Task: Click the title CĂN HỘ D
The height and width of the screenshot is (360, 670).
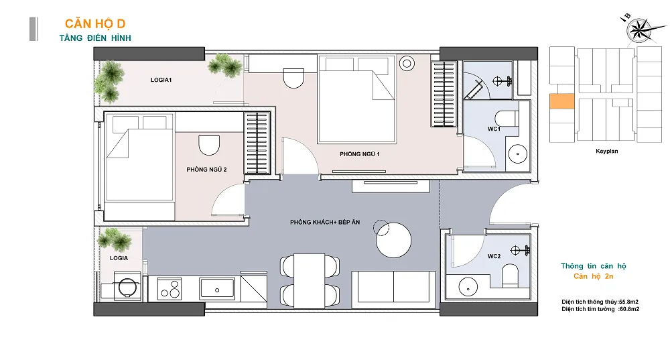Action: click(95, 24)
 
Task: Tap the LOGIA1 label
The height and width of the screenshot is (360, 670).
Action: click(161, 80)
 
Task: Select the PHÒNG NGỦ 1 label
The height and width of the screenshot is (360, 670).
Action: click(360, 154)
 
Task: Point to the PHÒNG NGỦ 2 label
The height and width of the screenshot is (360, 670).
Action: click(206, 170)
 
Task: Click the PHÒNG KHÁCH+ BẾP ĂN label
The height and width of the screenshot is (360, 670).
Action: click(325, 223)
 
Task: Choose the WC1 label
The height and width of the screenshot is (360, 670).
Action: click(494, 129)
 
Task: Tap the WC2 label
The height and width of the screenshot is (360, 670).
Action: click(494, 256)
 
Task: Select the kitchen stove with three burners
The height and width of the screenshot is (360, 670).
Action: click(170, 288)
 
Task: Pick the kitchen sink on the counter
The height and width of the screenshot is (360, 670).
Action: click(217, 288)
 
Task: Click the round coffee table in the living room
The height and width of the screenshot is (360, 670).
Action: click(393, 240)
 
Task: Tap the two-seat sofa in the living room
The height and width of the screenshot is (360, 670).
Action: click(393, 290)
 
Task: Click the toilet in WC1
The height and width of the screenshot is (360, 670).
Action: click(506, 119)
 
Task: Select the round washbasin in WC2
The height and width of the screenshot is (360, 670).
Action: click(469, 286)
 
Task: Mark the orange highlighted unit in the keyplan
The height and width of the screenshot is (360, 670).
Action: click(562, 101)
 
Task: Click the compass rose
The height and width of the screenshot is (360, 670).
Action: click(639, 31)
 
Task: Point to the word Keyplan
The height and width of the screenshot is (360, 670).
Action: click(607, 151)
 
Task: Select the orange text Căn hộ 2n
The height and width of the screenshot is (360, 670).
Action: click(594, 276)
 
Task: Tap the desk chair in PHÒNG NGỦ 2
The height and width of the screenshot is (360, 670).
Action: click(209, 145)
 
